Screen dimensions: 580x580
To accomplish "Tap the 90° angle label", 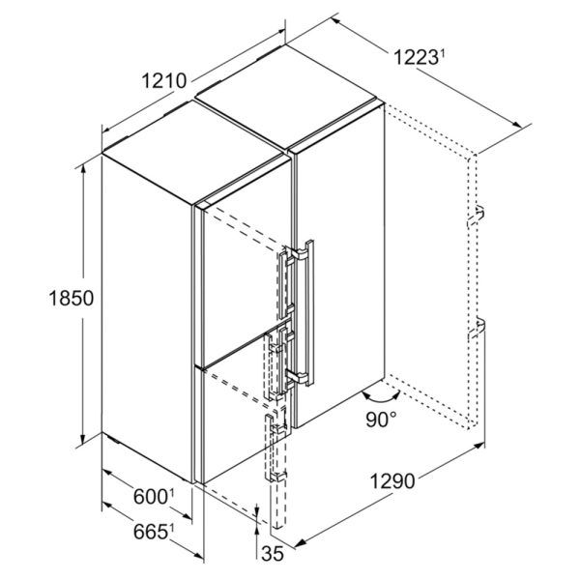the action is (385, 420).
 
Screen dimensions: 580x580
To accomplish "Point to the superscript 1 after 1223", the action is (444, 53).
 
